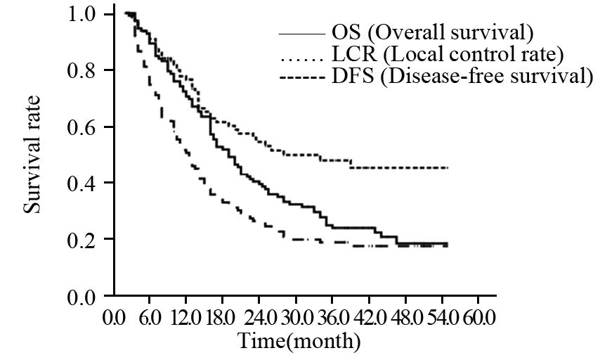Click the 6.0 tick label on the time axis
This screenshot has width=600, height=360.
pos(150,317)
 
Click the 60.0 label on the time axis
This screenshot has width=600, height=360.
pos(478,317)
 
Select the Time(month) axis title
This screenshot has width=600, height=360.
pos(299,342)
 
